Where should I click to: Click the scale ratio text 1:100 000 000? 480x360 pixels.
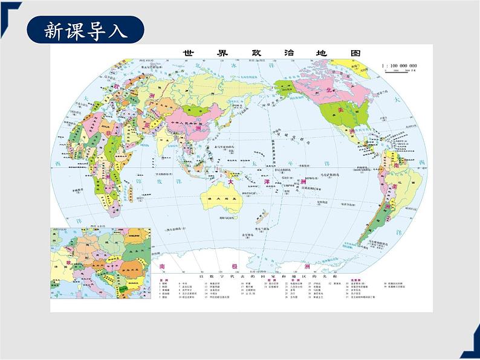tap(400, 65)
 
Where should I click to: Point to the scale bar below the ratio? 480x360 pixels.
tap(401, 72)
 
